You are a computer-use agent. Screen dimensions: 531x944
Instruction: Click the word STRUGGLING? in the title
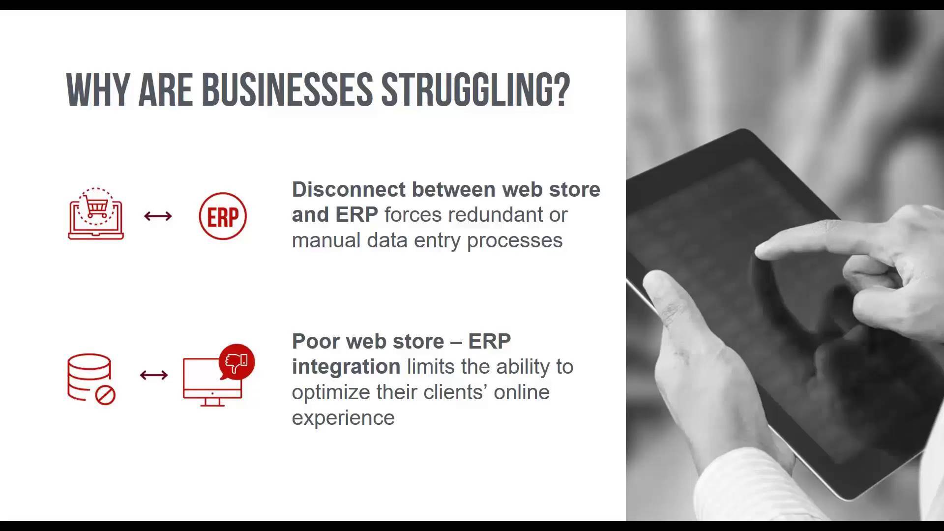tap(475, 89)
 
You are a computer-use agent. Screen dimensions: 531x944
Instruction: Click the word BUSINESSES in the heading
tap(287, 89)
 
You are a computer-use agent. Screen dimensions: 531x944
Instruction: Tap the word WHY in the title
tap(97, 89)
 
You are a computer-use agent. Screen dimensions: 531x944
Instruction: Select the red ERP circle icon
tap(223, 216)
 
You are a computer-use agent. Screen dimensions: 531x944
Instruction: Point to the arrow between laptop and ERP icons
tap(158, 216)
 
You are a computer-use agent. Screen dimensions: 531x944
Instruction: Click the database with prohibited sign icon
tap(91, 379)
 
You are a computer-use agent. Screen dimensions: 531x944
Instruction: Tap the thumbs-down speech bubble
tap(236, 362)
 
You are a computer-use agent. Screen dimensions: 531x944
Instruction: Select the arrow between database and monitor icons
tap(154, 375)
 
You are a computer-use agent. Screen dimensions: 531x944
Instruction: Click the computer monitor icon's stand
tap(212, 402)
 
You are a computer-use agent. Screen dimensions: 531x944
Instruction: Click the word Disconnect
tap(349, 189)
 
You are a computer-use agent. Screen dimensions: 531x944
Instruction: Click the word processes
tap(514, 240)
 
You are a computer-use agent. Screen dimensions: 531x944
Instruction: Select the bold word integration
tap(346, 367)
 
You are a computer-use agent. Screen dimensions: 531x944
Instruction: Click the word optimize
tap(330, 392)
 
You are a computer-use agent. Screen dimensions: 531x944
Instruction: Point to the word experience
tap(343, 418)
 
